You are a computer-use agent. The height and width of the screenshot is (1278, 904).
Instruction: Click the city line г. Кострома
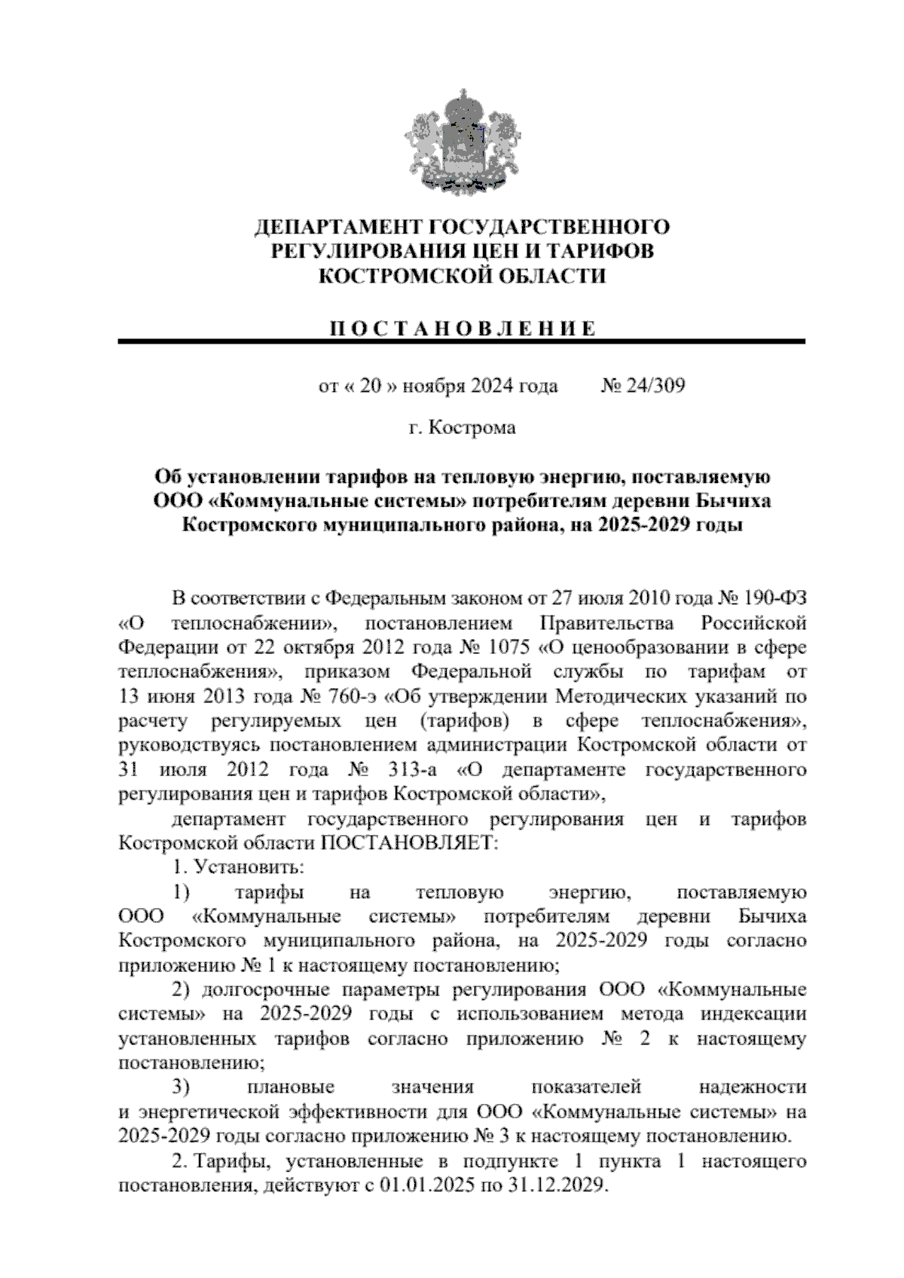point(462,428)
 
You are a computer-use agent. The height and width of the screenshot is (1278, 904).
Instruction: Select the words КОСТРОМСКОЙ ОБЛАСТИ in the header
point(462,277)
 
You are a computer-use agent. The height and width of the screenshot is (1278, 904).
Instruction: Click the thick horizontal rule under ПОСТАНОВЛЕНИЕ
point(462,342)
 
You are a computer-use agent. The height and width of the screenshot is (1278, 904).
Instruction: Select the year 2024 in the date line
point(492,387)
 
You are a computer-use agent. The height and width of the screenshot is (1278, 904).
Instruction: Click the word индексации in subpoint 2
point(755,1014)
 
